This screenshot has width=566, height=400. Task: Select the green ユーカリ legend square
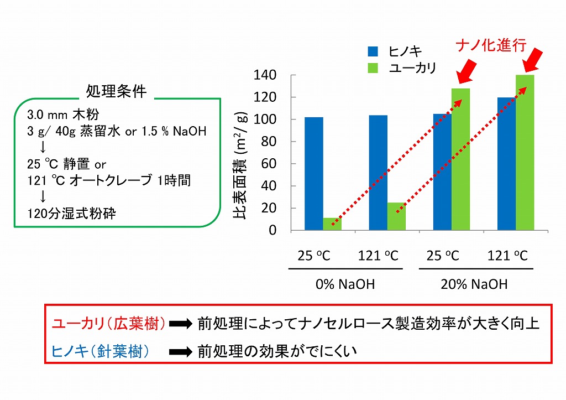[373, 67]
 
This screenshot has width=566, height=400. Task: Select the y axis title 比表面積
[242, 166]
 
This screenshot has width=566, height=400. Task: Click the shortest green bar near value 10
[332, 224]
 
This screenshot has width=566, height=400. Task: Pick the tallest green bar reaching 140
[525, 152]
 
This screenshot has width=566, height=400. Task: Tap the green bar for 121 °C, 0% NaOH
[396, 216]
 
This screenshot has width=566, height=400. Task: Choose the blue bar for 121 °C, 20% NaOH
[506, 164]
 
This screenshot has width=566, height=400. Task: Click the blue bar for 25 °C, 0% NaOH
[313, 174]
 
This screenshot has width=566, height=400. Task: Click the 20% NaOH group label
[474, 284]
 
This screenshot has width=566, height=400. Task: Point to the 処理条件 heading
[117, 91]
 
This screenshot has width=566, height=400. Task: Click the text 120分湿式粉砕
[72, 214]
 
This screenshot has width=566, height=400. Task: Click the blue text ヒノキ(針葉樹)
[100, 351]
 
